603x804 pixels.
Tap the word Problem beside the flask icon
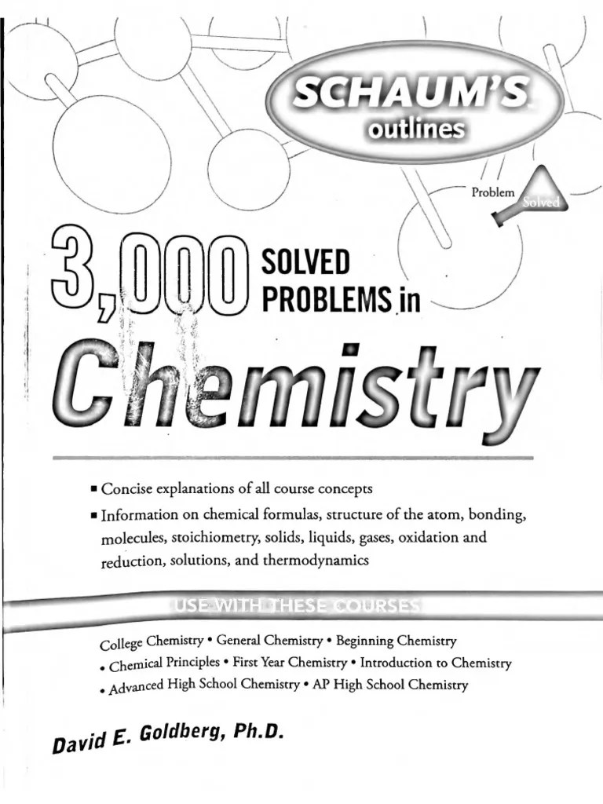click(x=492, y=192)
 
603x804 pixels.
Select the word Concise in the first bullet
click(x=131, y=489)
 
